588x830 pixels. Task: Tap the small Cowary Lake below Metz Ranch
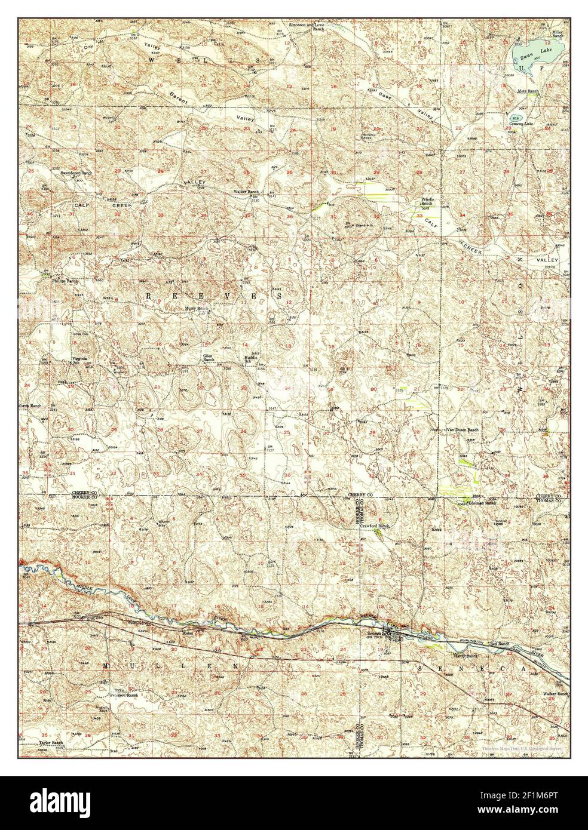514,118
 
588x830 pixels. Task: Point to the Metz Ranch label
528,91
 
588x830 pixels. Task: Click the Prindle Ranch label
428,201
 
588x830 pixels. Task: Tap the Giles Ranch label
209,358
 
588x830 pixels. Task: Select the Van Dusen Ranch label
462,430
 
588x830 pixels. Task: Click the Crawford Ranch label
378,526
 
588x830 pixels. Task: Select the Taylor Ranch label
51,743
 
